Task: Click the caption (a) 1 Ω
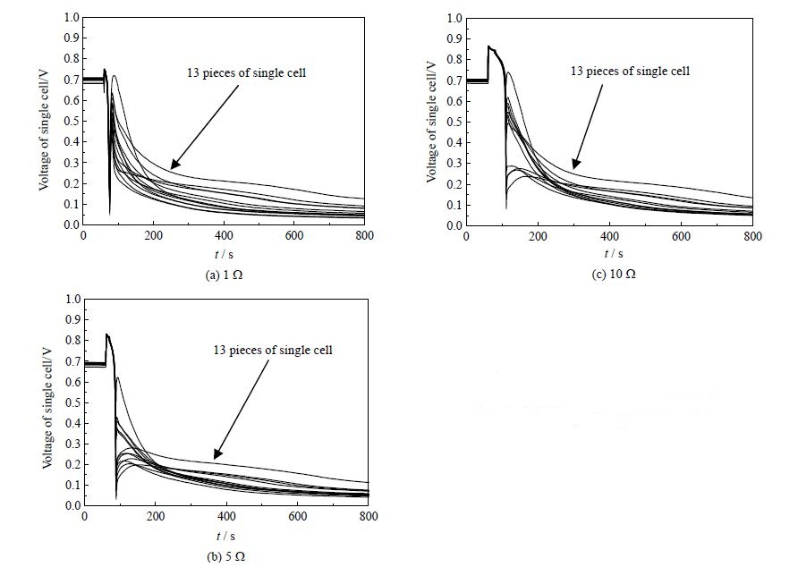pos(224,275)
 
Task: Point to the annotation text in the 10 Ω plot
pos(631,70)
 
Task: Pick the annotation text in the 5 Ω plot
pos(273,350)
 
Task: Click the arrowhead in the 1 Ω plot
pos(173,167)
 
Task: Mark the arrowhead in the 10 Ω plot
pos(574,165)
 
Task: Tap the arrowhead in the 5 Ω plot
pos(216,456)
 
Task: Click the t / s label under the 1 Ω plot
pos(224,255)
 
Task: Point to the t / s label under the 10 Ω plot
pos(610,255)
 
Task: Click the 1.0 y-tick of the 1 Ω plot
pos(69,17)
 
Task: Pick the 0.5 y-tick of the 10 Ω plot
pos(453,122)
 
